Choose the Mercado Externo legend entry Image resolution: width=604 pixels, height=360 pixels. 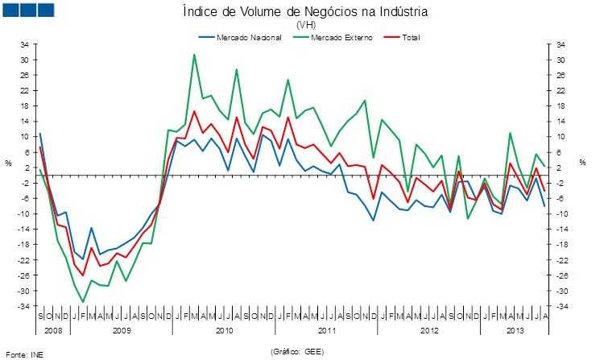tap(331, 37)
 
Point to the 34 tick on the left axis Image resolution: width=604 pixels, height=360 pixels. tap(24, 44)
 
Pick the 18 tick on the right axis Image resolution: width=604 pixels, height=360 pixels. tap(560, 106)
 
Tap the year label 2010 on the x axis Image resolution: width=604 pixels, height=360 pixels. tap(224, 330)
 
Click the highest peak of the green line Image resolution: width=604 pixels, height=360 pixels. tap(194, 54)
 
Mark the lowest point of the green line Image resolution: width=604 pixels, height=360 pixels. tap(83, 302)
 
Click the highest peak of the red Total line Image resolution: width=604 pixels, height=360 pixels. tap(194, 111)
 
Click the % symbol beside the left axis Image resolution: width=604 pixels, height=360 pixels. tap(8, 163)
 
